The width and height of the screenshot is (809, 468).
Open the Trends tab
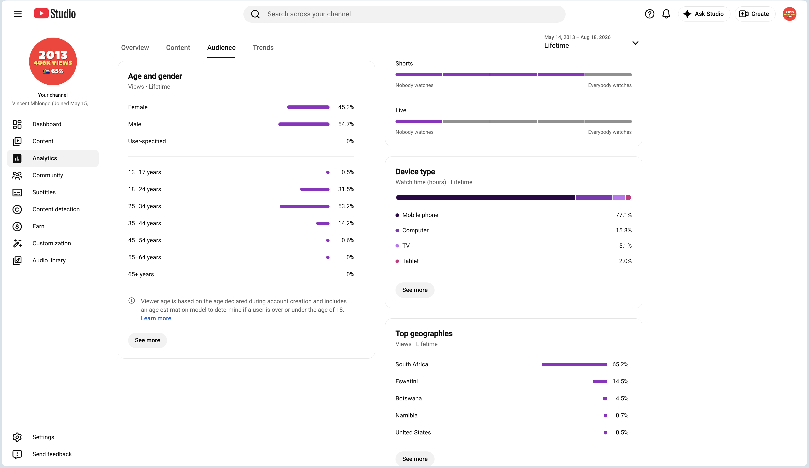[x=263, y=48]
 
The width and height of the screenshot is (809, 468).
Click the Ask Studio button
[x=704, y=14]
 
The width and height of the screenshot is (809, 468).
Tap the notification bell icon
[x=666, y=14]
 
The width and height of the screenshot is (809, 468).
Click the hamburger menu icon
[x=18, y=14]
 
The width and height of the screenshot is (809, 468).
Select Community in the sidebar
[x=48, y=175]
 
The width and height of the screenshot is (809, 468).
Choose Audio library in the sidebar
[x=49, y=260]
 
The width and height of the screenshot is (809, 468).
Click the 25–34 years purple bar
[x=305, y=206]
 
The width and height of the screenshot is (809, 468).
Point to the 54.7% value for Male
[x=346, y=124]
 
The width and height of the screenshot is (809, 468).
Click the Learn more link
[x=156, y=318]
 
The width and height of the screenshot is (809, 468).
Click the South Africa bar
[x=574, y=364]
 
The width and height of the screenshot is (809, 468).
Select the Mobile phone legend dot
[x=397, y=215]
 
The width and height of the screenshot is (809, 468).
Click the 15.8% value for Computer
[x=624, y=230]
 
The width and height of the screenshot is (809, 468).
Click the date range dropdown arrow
[x=635, y=43]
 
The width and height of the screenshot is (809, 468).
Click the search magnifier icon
[x=255, y=14]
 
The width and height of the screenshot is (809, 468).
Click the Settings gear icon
[x=17, y=437]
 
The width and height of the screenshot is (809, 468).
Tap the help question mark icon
[x=650, y=14]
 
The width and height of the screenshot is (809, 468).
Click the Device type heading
[x=415, y=172]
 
